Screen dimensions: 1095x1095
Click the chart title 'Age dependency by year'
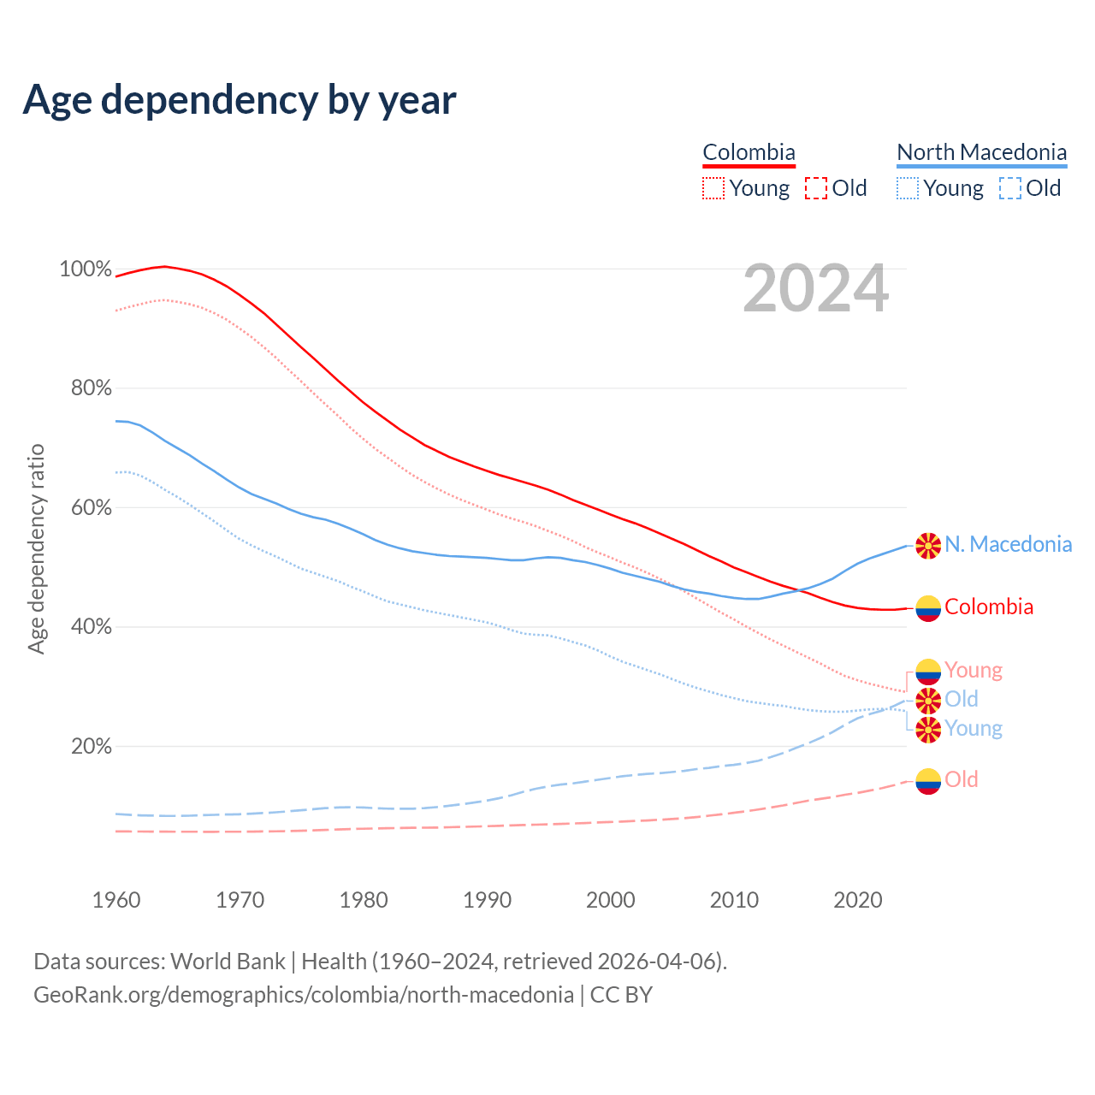[240, 100]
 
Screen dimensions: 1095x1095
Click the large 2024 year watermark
[816, 288]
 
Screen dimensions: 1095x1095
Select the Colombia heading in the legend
[749, 152]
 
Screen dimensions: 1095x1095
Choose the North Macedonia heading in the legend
[981, 152]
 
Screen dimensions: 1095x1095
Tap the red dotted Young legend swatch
[713, 188]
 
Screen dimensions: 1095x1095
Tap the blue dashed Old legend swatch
[1009, 188]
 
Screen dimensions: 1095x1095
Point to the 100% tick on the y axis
[86, 269]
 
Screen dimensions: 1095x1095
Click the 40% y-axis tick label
[91, 627]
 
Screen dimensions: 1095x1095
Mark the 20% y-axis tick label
[91, 747]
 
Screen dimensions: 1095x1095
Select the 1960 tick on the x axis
[116, 900]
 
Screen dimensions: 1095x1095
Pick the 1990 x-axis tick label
[487, 900]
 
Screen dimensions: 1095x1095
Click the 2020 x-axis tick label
[857, 900]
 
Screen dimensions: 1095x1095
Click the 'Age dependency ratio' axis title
[36, 548]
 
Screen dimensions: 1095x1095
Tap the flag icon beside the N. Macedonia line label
[928, 545]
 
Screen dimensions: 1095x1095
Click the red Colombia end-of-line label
[989, 607]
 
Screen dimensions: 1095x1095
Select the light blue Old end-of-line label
[961, 700]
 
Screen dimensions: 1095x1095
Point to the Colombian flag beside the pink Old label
[928, 780]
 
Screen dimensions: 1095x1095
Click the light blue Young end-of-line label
[973, 729]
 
